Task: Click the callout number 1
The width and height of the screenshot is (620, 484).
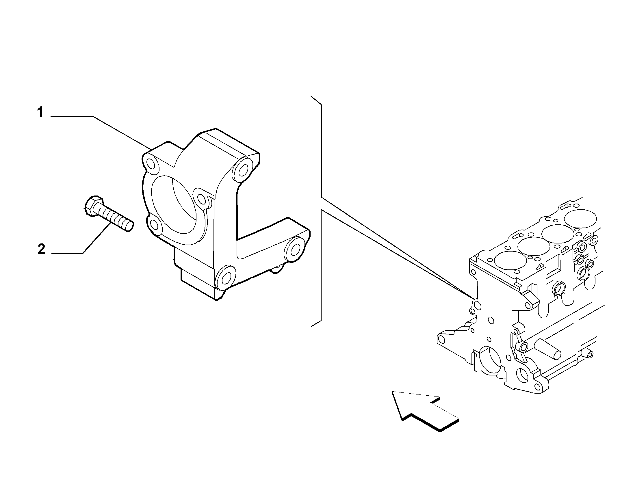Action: click(x=40, y=112)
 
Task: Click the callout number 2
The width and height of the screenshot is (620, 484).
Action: click(x=41, y=249)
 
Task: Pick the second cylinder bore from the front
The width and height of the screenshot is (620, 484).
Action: click(x=534, y=246)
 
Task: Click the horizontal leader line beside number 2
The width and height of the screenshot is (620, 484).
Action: click(x=67, y=254)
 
